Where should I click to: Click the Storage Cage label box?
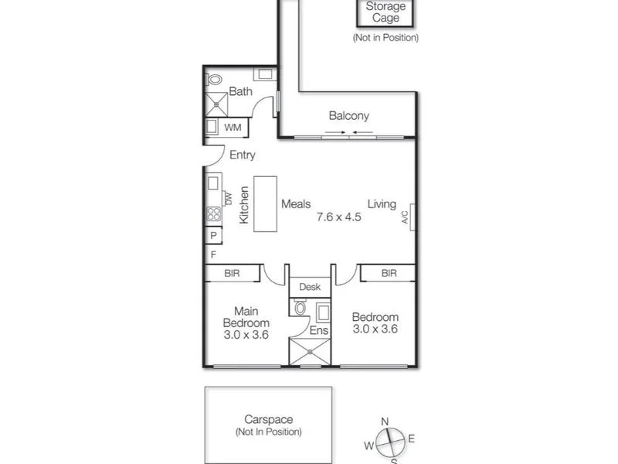pos(385,12)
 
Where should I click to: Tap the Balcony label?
pos(348,116)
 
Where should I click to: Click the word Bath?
pos(240,92)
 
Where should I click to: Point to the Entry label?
pos(242,155)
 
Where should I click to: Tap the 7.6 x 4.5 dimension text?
pos(339,217)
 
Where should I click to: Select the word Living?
pos(382,204)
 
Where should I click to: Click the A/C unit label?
pos(406,217)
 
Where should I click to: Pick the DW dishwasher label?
pos(228,199)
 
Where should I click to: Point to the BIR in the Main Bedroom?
pos(231,273)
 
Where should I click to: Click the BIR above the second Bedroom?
pos(389,273)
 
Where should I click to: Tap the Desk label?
pos(310,287)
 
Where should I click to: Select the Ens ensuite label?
pos(319,330)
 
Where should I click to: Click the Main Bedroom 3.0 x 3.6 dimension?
pos(246,335)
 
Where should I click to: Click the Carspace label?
pos(268,420)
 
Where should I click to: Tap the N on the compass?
pos(385,421)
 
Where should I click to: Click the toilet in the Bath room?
pos(215,79)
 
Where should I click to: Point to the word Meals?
pos(296,204)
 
